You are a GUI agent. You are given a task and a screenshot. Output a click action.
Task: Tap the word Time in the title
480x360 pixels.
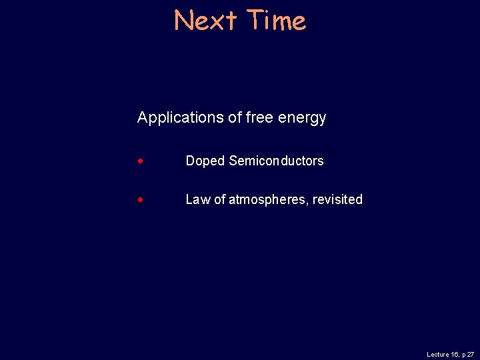[x=275, y=21]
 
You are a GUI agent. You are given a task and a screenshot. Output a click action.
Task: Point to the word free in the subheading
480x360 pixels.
[x=259, y=117]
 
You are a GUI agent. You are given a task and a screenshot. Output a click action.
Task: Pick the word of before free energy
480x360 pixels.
[x=235, y=117]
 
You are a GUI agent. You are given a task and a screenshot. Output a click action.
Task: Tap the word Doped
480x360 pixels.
[x=205, y=161]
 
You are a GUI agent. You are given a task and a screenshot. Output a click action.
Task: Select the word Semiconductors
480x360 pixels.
[x=276, y=161]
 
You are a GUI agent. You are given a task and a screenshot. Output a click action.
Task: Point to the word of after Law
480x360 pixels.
[x=219, y=199]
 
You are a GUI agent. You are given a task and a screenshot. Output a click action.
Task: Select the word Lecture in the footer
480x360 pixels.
[x=438, y=355]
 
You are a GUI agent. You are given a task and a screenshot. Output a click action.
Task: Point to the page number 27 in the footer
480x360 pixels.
[x=471, y=355]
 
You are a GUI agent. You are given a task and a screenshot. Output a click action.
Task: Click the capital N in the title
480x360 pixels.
[x=183, y=21]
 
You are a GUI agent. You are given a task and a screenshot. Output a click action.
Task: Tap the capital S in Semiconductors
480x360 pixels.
[x=233, y=161]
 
